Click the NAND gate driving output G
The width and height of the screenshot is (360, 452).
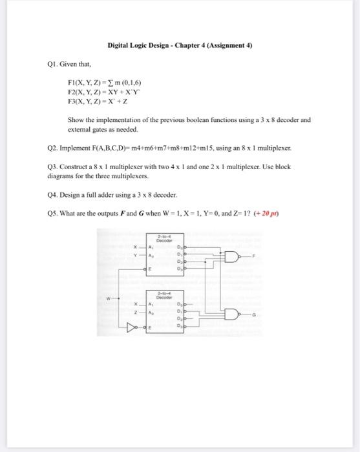coord(232,314)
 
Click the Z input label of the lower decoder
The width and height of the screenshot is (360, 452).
coord(135,313)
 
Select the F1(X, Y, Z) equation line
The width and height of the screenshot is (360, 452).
coord(104,83)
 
